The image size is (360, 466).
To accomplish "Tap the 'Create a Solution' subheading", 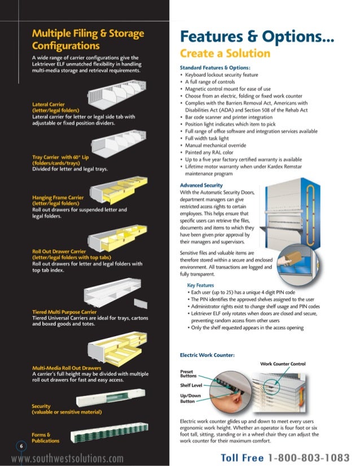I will coord(225,54).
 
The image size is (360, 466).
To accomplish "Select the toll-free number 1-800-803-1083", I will coord(308,458).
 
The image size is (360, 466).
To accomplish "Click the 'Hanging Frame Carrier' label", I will coord(58,198).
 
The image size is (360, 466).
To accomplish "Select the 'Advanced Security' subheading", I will coord(201,186).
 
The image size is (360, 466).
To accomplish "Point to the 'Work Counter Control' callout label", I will coord(283,364).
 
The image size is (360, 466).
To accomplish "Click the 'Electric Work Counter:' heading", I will coord(207,355).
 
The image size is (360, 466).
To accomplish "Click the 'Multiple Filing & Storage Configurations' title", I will coord(87,39).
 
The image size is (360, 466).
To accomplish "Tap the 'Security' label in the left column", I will coord(41,406).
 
